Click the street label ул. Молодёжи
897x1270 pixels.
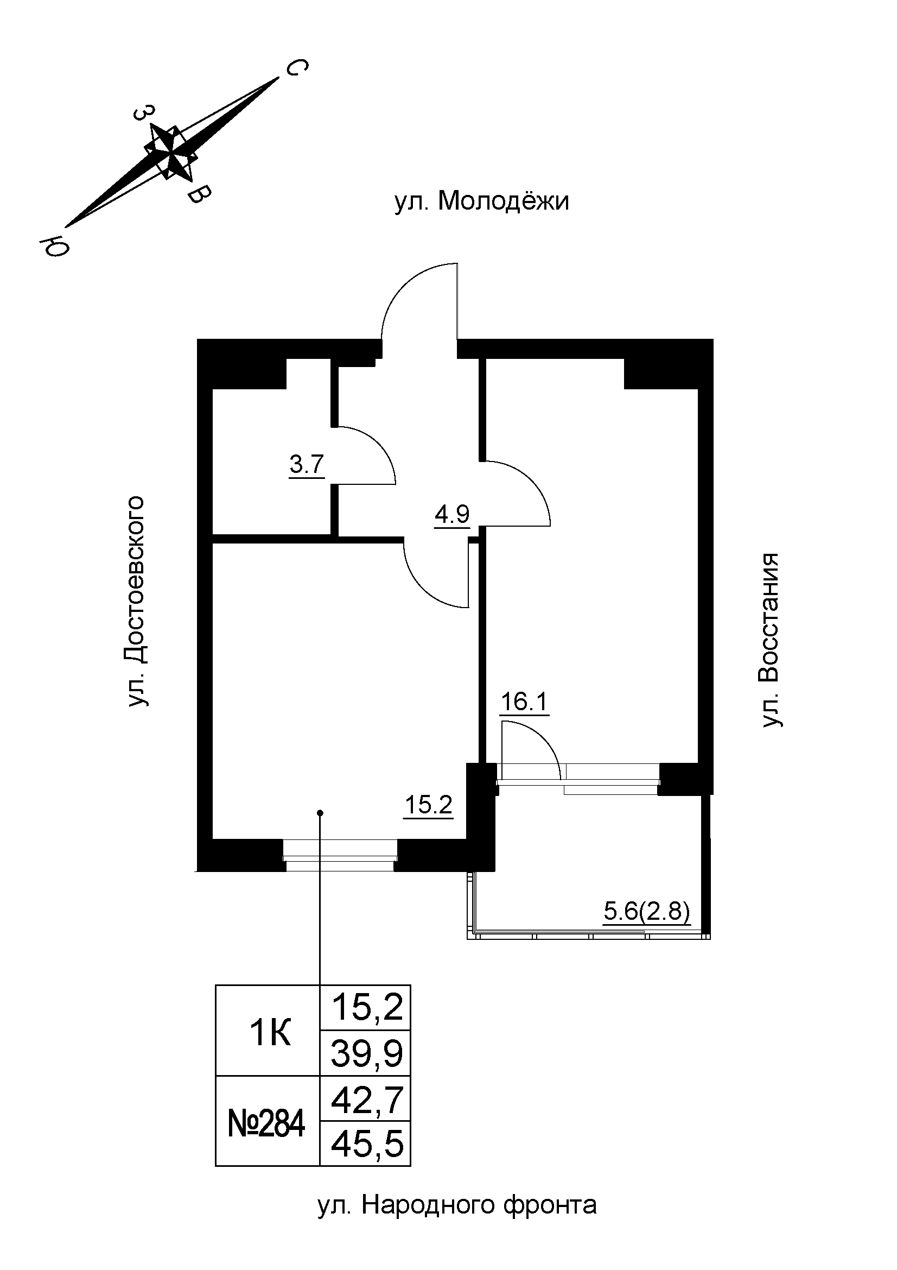point(481,202)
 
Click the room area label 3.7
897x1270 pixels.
point(307,465)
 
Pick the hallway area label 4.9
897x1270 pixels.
point(451,514)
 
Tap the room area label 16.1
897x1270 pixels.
point(524,703)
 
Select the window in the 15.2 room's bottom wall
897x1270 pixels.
point(340,855)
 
